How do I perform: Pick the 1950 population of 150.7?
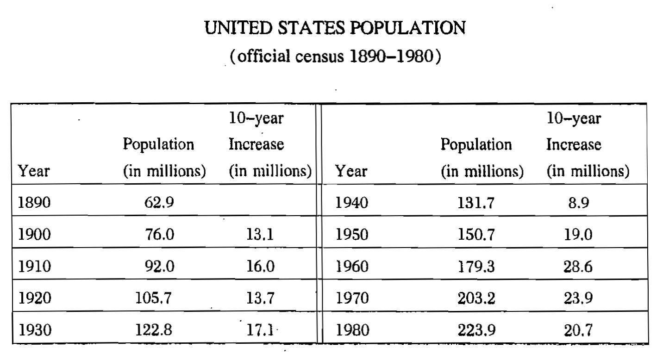point(476,236)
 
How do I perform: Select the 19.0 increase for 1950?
point(579,236)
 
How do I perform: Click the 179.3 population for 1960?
point(476,267)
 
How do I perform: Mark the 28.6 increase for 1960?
point(579,267)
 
